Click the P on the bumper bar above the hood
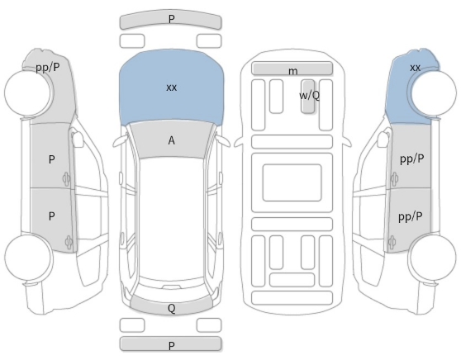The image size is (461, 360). pos(171,19)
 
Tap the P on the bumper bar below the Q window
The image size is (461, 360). pos(171,346)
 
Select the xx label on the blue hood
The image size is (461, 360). pos(171,88)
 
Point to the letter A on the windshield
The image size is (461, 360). pos(171,140)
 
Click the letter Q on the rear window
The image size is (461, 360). pos(171,308)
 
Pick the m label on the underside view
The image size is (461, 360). pos(292,71)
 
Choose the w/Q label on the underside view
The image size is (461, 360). pos(309,95)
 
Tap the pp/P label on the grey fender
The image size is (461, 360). pos(48,68)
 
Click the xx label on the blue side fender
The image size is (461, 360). pos(415,68)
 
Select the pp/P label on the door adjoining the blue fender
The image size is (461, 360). pos(412,159)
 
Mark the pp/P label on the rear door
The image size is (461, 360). pos(411,217)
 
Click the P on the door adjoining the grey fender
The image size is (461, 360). pos(51,159)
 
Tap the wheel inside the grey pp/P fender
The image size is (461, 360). pos(28,93)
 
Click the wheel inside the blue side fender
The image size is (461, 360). pos(434,93)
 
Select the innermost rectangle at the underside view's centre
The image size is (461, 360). pos(292,182)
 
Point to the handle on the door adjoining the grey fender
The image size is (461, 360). pos(66,178)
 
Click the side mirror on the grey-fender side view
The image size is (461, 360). pos(78,140)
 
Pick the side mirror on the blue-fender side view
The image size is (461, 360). pos(383,140)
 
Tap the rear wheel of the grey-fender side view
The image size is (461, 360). pos(28,257)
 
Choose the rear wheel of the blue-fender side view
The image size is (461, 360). pos(433,257)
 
